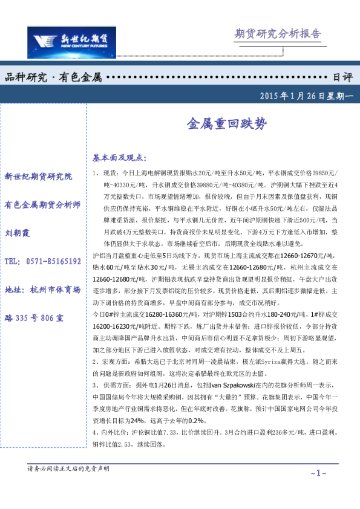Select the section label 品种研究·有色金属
pos(54,77)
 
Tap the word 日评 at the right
pos(343,77)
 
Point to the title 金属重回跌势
pos(225,124)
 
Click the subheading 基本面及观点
pos(119,158)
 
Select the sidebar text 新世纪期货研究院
pos(38,177)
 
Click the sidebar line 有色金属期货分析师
pos(42,205)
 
